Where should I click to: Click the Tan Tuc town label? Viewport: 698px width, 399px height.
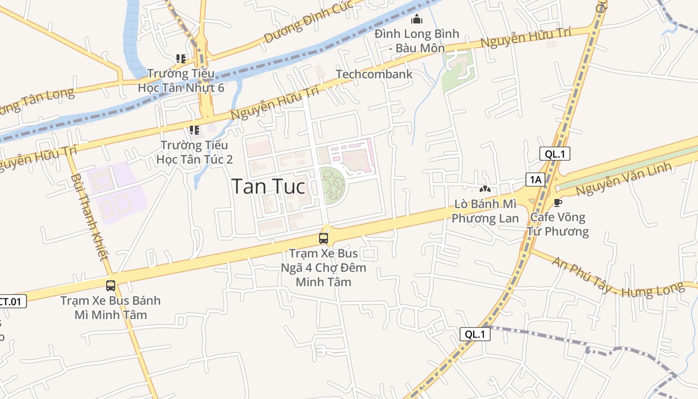(x=269, y=187)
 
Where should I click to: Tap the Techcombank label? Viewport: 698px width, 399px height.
(x=374, y=74)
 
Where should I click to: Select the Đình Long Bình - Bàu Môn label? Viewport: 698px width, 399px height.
(x=417, y=41)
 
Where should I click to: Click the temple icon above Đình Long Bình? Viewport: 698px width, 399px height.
(x=417, y=19)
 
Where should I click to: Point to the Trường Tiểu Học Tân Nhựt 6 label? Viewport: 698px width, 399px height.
(x=181, y=80)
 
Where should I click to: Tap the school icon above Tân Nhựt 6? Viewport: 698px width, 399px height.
(x=181, y=59)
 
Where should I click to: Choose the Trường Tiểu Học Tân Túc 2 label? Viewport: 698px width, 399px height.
(x=194, y=152)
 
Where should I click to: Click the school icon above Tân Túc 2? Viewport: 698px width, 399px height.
(x=194, y=130)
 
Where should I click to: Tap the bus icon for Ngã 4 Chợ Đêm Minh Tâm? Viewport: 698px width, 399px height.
(x=324, y=238)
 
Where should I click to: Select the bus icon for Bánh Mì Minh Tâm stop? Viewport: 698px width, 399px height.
(x=111, y=286)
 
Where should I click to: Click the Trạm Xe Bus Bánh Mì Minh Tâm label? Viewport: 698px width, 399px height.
(x=111, y=308)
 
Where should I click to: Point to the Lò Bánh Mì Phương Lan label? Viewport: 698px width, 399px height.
(x=485, y=211)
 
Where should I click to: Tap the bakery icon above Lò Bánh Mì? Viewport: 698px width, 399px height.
(x=484, y=190)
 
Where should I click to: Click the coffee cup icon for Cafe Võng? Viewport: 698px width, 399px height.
(x=558, y=202)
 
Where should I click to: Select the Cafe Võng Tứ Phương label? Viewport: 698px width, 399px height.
(x=558, y=224)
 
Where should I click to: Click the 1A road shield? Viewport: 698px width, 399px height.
(x=535, y=180)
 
